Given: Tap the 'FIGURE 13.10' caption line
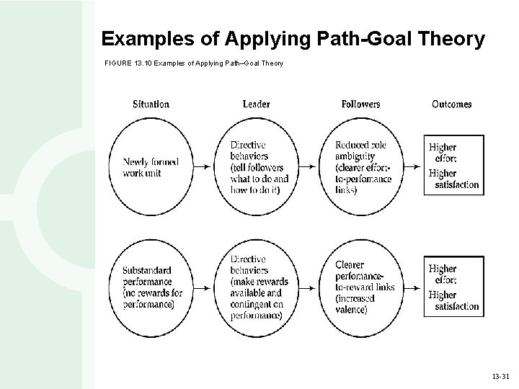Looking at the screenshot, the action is tap(194, 63).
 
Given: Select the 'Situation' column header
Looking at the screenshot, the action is tap(151, 104).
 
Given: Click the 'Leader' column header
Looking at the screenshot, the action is tap(256, 104).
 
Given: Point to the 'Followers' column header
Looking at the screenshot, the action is tap(360, 104).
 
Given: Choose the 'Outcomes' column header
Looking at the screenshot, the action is tap(451, 104).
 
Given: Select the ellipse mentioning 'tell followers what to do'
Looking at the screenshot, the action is tap(257, 166).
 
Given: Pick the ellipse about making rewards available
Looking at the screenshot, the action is tap(257, 287).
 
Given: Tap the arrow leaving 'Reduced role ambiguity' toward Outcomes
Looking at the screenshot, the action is tap(412, 166).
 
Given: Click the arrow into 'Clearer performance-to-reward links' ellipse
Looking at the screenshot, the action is tap(310, 287).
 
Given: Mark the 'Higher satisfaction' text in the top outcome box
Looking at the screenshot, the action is tap(453, 179).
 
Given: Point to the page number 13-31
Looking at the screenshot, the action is tap(500, 376).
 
